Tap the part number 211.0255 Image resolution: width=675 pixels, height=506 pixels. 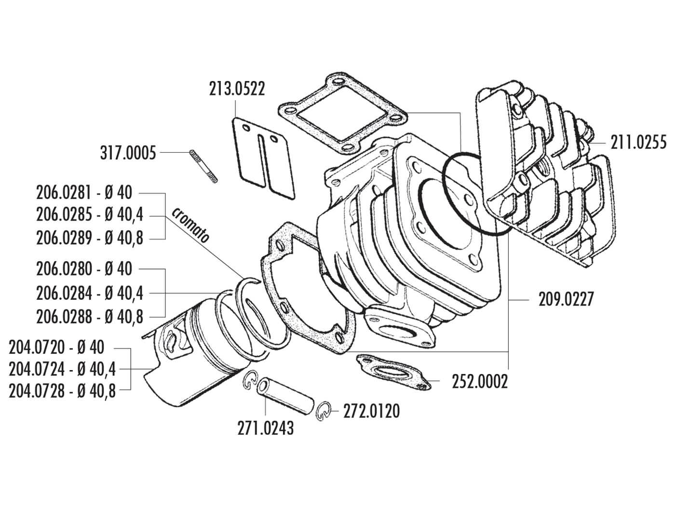tap(638, 143)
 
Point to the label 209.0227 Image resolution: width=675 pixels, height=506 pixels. tap(566, 299)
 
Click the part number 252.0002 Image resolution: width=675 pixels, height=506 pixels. tap(480, 382)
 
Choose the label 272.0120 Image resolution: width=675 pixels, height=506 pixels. tap(371, 412)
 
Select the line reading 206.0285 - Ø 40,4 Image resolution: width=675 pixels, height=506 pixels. tap(90, 215)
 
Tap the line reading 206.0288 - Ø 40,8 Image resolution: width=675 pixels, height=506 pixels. tap(90, 317)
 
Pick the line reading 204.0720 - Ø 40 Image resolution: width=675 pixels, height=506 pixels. tap(56, 347)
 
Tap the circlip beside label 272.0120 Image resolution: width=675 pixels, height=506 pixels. tap(324, 411)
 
